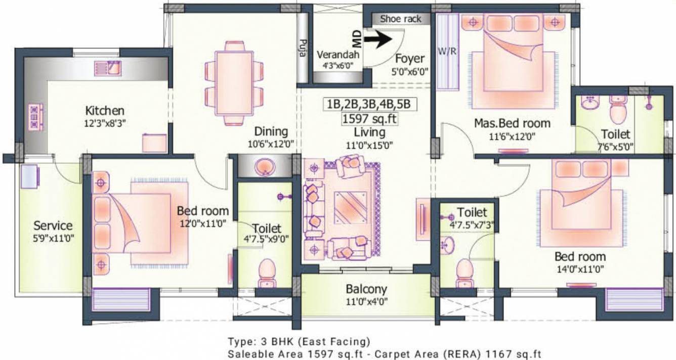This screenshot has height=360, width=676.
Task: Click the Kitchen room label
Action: coord(105,111)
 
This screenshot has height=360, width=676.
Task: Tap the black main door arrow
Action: coord(378,39)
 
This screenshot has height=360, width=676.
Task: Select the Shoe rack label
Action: coord(400,19)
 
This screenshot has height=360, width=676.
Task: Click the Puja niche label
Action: coord(303,48)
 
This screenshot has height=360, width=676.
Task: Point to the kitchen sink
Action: coord(108,68)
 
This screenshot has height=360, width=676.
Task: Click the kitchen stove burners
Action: coord(36,117)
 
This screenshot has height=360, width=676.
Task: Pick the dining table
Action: coord(234,83)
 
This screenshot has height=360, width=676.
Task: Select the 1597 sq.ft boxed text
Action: coord(369,119)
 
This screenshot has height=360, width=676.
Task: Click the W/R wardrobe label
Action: coord(447,51)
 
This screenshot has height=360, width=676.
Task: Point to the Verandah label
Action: coord(338,55)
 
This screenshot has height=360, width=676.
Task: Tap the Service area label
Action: coord(53,226)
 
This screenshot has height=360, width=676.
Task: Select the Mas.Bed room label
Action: coord(512,123)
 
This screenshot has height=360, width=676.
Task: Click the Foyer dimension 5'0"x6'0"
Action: coord(410,72)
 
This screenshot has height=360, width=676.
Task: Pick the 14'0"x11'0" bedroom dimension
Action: coord(580,269)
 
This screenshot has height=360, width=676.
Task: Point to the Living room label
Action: coord(369,132)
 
